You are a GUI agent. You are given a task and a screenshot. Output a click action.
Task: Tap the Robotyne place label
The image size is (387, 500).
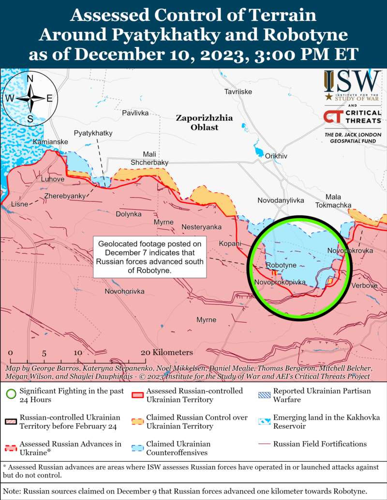(x=281, y=266)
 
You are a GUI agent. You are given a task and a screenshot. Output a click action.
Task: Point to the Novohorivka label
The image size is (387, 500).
(x=125, y=292)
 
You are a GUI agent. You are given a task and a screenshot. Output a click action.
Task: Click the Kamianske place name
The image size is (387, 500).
(x=50, y=142)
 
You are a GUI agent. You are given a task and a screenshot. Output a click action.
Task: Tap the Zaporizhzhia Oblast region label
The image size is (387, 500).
(x=204, y=123)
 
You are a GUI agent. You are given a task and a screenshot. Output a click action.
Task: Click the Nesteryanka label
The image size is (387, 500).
(x=201, y=227)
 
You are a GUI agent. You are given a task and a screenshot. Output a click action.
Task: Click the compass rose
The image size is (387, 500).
(x=30, y=98)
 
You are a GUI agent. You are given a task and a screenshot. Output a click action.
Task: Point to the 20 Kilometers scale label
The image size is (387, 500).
(x=167, y=353)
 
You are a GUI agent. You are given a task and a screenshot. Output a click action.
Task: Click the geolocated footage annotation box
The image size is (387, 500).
(x=149, y=257)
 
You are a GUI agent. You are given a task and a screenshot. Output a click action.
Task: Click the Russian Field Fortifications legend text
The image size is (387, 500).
(x=320, y=443)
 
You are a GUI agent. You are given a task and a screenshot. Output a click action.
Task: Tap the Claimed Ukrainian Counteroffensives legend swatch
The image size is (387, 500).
(x=137, y=448)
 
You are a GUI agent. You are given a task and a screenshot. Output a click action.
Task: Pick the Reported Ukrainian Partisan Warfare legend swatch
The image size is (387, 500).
(x=265, y=395)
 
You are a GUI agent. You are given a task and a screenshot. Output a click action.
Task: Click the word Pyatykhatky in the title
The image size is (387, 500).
(x=172, y=35)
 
